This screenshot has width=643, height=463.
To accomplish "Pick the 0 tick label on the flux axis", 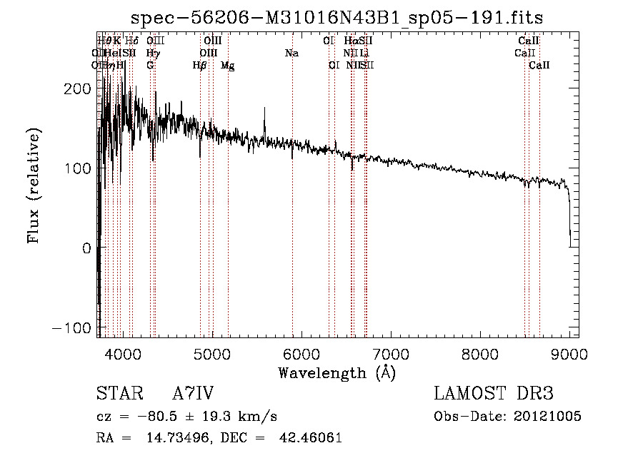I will (x=86, y=248).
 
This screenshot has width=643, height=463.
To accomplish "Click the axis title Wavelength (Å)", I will (x=337, y=372).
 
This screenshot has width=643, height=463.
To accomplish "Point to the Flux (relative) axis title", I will (x=34, y=185).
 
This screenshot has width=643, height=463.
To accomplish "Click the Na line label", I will (x=291, y=53).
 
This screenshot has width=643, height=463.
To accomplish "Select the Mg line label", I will (x=227, y=66).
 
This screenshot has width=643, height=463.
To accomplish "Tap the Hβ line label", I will (x=200, y=66).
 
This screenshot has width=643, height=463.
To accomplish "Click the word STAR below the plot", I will (x=119, y=394).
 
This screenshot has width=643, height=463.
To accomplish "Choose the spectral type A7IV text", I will (x=193, y=394).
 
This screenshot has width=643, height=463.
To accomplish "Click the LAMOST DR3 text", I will (x=493, y=394).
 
